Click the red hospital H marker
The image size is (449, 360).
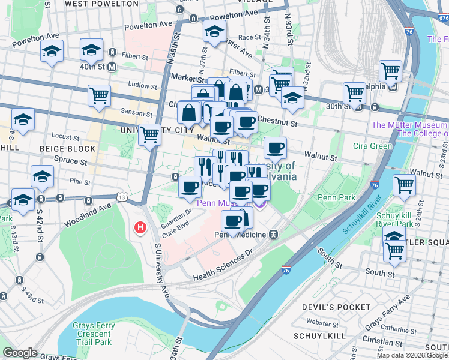coord(140,228)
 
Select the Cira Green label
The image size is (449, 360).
coord(372,146)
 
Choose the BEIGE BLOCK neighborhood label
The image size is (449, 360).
coord(67,148)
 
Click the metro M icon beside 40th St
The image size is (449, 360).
coord(112,67)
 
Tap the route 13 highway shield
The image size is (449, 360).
coord(122,197)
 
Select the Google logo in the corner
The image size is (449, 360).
coord(20,352)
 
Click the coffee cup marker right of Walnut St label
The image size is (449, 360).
coord(275,148)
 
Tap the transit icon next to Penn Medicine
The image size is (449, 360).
coord(273,234)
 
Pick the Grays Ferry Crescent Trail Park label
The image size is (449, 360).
coord(92,334)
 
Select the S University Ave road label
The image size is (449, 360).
coord(162,270)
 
